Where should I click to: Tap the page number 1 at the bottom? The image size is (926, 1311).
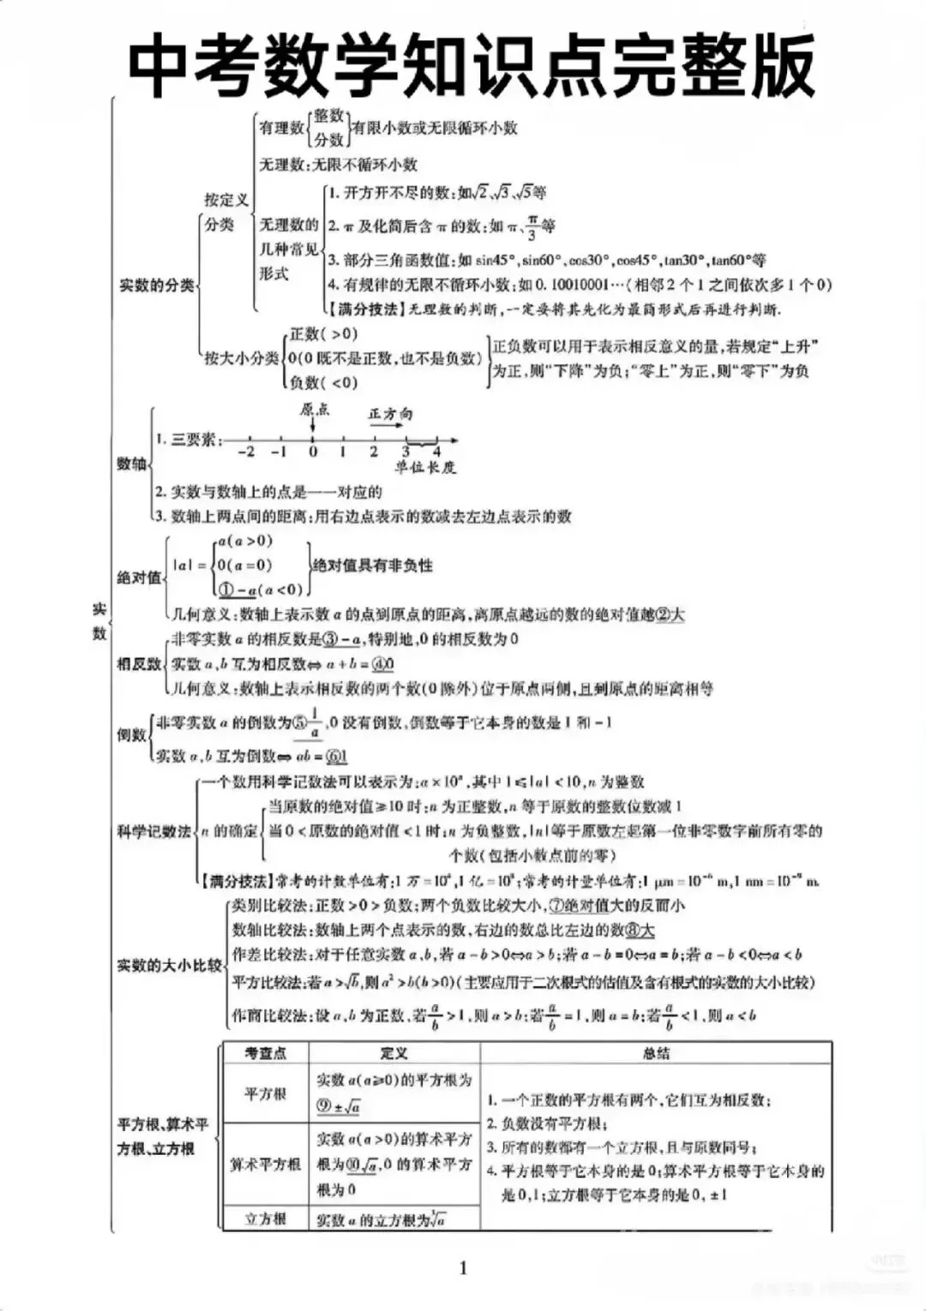pyautogui.click(x=464, y=1268)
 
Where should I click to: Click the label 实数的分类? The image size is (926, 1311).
pyautogui.click(x=157, y=285)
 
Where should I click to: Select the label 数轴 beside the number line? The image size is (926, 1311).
pyautogui.click(x=132, y=464)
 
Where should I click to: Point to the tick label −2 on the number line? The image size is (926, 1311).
pyautogui.click(x=246, y=452)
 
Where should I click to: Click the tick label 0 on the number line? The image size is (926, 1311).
pyautogui.click(x=313, y=452)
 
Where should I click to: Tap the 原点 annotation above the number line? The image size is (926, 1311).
pyautogui.click(x=315, y=410)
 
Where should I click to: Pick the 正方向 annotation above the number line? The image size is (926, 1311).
pyautogui.click(x=390, y=413)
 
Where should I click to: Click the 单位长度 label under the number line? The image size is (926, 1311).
pyautogui.click(x=425, y=468)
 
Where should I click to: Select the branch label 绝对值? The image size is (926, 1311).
pyautogui.click(x=139, y=577)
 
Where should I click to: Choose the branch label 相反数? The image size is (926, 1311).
pyautogui.click(x=139, y=664)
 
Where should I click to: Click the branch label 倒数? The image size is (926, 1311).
pyautogui.click(x=131, y=734)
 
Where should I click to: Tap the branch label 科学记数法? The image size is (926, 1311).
pyautogui.click(x=153, y=831)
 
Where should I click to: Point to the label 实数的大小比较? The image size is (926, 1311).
pyautogui.click(x=169, y=966)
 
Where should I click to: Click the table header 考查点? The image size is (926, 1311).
pyautogui.click(x=265, y=1054)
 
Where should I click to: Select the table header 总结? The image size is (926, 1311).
pyautogui.click(x=656, y=1054)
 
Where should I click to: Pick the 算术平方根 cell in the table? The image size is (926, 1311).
pyautogui.click(x=265, y=1164)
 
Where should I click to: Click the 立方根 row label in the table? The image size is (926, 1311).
pyautogui.click(x=265, y=1218)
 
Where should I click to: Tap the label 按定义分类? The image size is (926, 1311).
pyautogui.click(x=224, y=212)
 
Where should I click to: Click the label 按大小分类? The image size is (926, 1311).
pyautogui.click(x=241, y=358)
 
